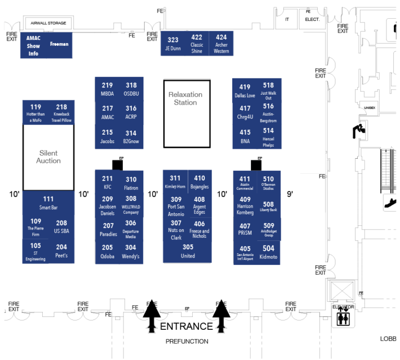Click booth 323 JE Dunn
click(172, 44)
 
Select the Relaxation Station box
click(186, 113)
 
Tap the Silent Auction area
click(48, 157)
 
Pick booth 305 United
click(187, 252)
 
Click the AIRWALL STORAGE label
click(48, 23)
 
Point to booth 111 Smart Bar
click(48, 203)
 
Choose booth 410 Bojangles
click(199, 182)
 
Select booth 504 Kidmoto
click(268, 253)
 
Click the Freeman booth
click(59, 45)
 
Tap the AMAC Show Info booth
click(33, 46)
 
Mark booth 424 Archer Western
click(221, 44)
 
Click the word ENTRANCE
click(186, 327)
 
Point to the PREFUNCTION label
click(186, 342)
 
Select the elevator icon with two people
click(343, 318)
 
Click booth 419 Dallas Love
click(245, 91)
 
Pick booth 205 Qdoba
click(107, 252)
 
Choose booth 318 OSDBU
click(131, 89)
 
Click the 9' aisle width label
click(290, 194)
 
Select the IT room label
click(287, 19)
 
